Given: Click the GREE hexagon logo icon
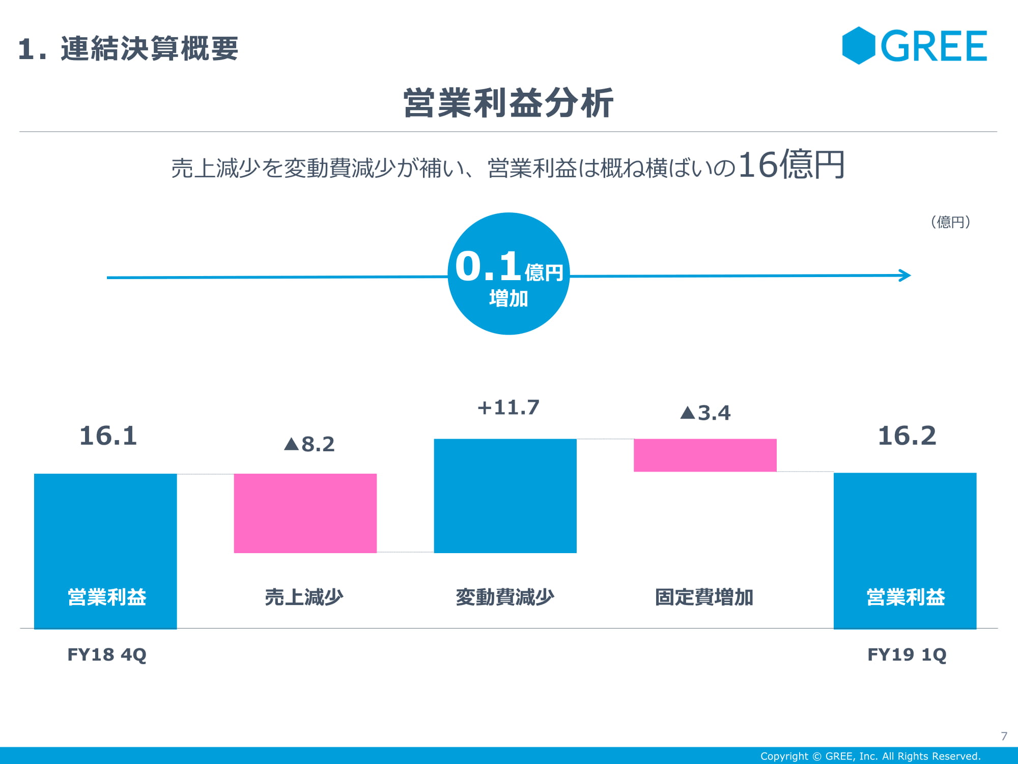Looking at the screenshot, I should point(858,45).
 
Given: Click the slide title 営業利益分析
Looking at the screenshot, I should point(508,103).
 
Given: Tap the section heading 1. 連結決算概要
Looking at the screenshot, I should point(128,49).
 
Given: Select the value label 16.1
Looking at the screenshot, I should point(108,436).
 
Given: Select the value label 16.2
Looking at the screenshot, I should point(907,436).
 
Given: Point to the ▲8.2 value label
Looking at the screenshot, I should point(309,444).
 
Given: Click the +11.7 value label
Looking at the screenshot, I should point(508,407).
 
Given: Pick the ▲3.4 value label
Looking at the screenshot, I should point(705,413).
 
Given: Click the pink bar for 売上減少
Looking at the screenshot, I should point(305,513).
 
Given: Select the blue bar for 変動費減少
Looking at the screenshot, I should point(505,496).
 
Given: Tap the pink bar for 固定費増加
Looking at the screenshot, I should point(705,455).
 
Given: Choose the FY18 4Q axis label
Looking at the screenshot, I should point(107,654).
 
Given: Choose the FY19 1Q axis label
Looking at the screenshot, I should point(907,654).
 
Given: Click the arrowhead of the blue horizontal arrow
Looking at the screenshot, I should point(905,276).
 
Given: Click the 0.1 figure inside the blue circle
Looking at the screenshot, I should point(488,266).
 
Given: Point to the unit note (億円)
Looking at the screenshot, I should point(950,222).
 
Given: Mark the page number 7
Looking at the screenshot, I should point(1004,736).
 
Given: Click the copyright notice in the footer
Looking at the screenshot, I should point(870,756).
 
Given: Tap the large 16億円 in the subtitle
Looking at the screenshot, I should point(791,165).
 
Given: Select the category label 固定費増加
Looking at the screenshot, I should point(704,597).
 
